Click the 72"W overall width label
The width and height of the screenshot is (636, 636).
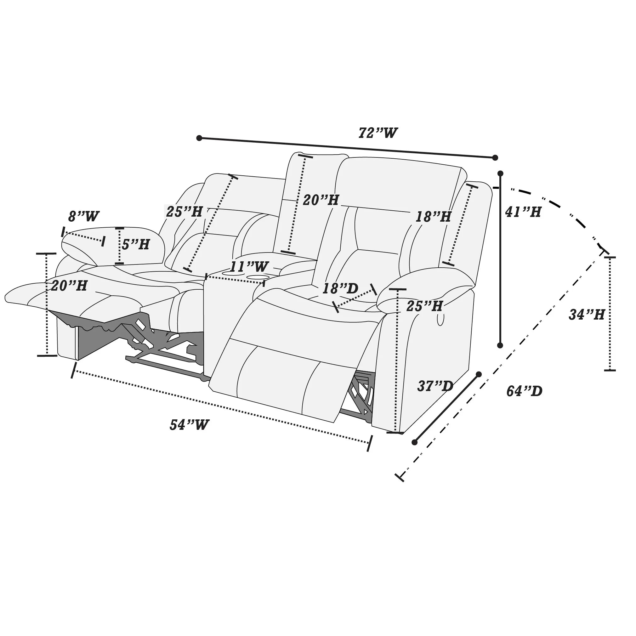click(378, 133)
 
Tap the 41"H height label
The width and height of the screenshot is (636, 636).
click(523, 212)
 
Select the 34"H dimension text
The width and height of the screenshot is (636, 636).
click(587, 315)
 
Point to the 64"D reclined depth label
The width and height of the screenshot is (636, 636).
click(524, 391)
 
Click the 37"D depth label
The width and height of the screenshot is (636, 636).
click(435, 386)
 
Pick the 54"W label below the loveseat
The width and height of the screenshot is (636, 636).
click(189, 425)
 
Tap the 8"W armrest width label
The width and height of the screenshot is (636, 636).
click(84, 217)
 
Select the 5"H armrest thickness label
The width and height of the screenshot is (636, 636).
click(136, 244)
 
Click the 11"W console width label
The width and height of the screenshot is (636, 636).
click(249, 267)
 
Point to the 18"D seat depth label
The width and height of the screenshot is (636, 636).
click(340, 289)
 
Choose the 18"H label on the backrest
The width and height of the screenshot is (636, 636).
click(433, 217)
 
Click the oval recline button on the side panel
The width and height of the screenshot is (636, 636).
click(440, 319)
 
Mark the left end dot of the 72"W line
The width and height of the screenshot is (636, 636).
click(199, 138)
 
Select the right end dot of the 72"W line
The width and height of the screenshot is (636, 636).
click(495, 158)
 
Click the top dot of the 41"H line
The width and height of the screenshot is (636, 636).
click(500, 173)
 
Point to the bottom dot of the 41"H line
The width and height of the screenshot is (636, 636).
click(500, 345)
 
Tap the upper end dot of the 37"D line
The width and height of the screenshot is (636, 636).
click(479, 374)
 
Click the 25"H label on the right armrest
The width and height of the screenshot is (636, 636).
click(424, 306)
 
